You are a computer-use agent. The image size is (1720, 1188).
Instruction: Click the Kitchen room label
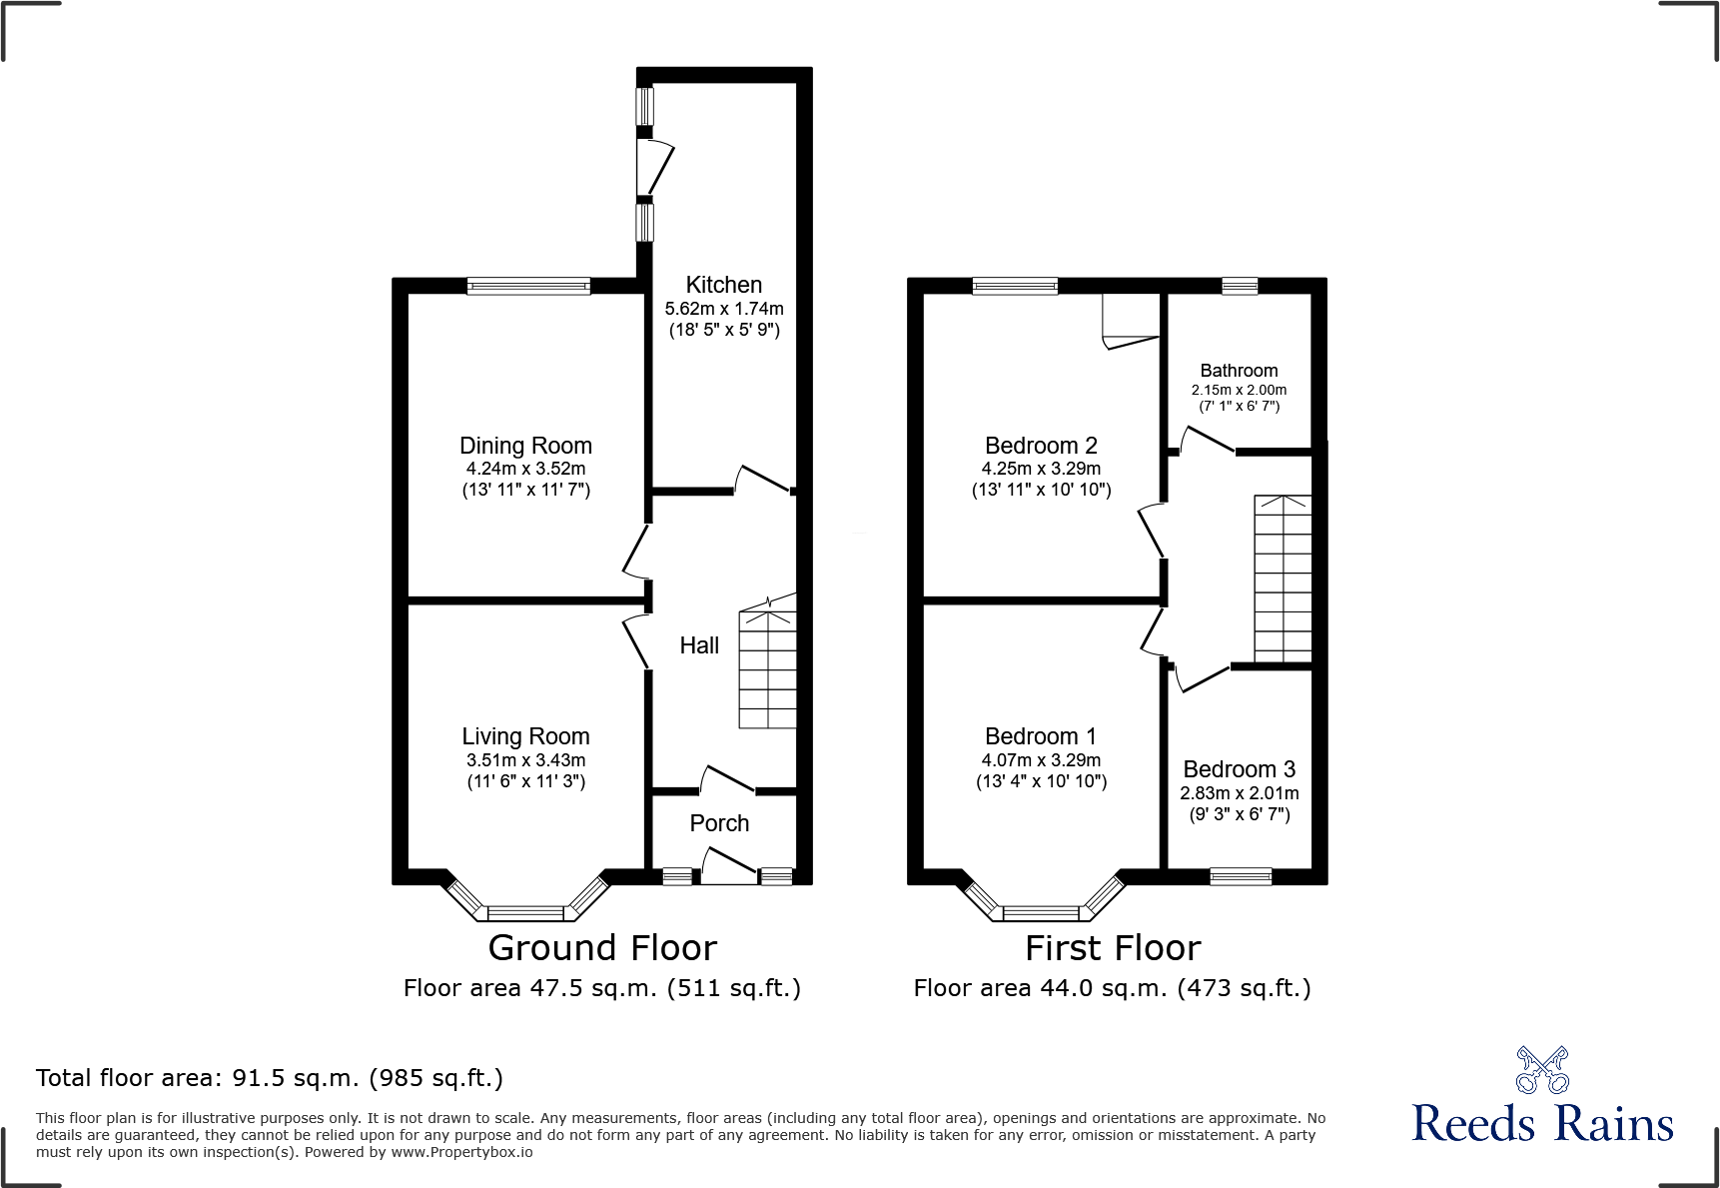(723, 285)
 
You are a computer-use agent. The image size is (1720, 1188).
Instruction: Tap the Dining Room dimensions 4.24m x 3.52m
(525, 469)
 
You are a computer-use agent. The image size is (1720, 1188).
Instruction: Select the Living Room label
(525, 736)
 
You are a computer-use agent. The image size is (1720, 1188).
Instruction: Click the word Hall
(699, 645)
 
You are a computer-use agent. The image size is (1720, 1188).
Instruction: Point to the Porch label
(719, 823)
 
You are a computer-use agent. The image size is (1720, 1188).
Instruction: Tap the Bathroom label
(1239, 371)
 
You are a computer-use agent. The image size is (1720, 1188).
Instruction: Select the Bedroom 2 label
(1041, 446)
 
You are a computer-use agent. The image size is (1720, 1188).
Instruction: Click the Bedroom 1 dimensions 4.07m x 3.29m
(1041, 760)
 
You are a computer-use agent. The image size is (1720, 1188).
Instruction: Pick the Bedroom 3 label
(1239, 769)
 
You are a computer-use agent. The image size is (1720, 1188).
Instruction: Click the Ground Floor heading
(602, 947)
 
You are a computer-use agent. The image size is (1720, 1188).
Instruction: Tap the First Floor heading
(1113, 947)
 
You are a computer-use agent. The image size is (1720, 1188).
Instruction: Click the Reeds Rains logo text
(1542, 1124)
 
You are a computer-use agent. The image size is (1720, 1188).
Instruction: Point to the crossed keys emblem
(1542, 1070)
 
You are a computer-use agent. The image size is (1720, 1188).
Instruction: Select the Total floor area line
(270, 1078)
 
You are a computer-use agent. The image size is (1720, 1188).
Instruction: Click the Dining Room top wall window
(528, 286)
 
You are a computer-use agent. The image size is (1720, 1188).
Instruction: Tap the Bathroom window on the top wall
(1240, 286)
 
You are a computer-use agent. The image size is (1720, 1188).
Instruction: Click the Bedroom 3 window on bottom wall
(1241, 876)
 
